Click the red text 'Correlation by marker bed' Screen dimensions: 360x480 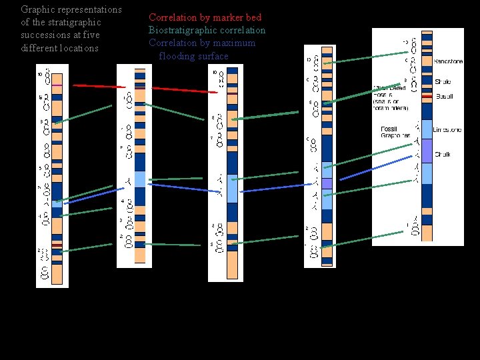pyautogui.click(x=205, y=17)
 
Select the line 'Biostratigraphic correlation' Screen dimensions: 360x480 pyautogui.click(x=207, y=30)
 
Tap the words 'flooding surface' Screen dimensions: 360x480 pyautogui.click(x=193, y=56)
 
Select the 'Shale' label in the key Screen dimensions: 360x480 pyautogui.click(x=443, y=81)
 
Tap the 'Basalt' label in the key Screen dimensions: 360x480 pyautogui.click(x=444, y=97)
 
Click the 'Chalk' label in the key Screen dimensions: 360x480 pyautogui.click(x=443, y=154)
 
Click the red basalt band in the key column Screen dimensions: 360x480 pyautogui.click(x=427, y=97)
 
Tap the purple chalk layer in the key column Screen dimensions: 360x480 pyautogui.click(x=427, y=151)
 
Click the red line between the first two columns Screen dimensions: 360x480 pyautogui.click(x=99, y=86)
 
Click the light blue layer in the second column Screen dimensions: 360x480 pyautogui.click(x=139, y=179)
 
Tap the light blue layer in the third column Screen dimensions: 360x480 pyautogui.click(x=231, y=187)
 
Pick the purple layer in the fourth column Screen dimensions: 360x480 pyautogui.click(x=327, y=183)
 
